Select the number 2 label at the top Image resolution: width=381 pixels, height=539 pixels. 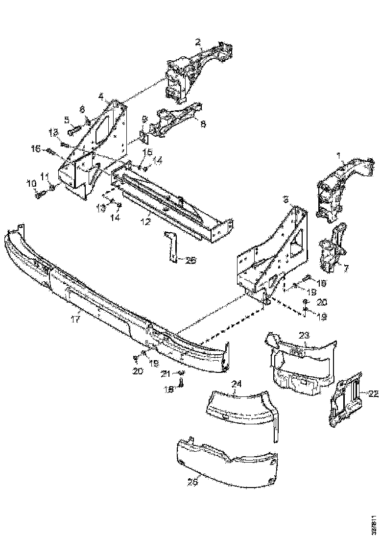click(x=198, y=43)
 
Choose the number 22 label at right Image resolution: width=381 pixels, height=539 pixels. click(x=373, y=392)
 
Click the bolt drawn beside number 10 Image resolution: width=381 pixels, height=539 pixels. click(x=40, y=195)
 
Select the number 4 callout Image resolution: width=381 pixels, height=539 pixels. click(x=101, y=96)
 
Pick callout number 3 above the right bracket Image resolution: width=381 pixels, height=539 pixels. click(x=285, y=199)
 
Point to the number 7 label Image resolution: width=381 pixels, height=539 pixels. click(x=346, y=268)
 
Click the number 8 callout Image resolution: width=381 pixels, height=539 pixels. click(x=203, y=124)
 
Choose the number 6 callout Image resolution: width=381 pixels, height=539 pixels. click(x=82, y=108)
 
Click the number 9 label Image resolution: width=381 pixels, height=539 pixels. click(x=145, y=119)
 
